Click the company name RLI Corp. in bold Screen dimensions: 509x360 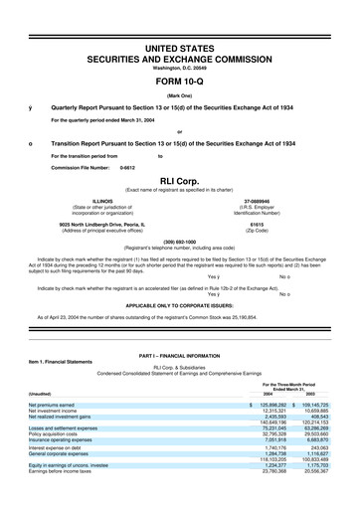179,182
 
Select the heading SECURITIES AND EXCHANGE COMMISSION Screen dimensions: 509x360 179,59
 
